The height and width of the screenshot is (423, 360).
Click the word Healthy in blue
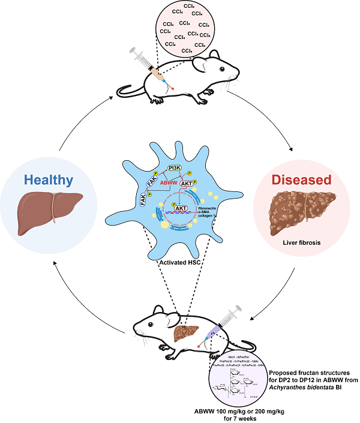[49, 179]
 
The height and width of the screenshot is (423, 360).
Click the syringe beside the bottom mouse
[222, 322]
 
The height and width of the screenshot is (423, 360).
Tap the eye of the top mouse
[221, 71]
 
